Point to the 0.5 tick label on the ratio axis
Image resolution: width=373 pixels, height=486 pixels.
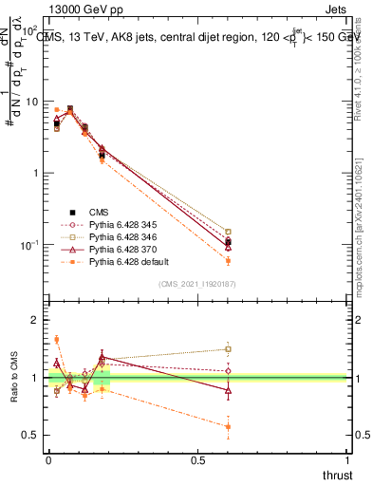[30, 436]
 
